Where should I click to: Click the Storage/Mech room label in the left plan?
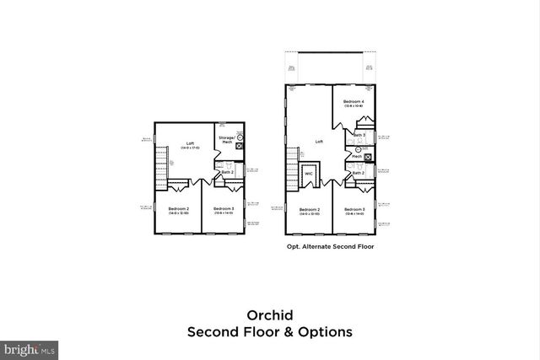(226, 139)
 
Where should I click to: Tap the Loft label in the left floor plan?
(190, 144)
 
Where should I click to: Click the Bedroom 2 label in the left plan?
(178, 208)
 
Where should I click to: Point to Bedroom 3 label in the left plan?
(223, 208)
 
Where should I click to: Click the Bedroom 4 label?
(354, 101)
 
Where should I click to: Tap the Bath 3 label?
(359, 135)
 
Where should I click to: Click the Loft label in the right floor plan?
(320, 142)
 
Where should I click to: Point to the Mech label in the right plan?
(357, 156)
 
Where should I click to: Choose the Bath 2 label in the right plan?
(359, 172)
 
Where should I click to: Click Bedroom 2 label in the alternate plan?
(310, 208)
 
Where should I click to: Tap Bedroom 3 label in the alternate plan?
(354, 208)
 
